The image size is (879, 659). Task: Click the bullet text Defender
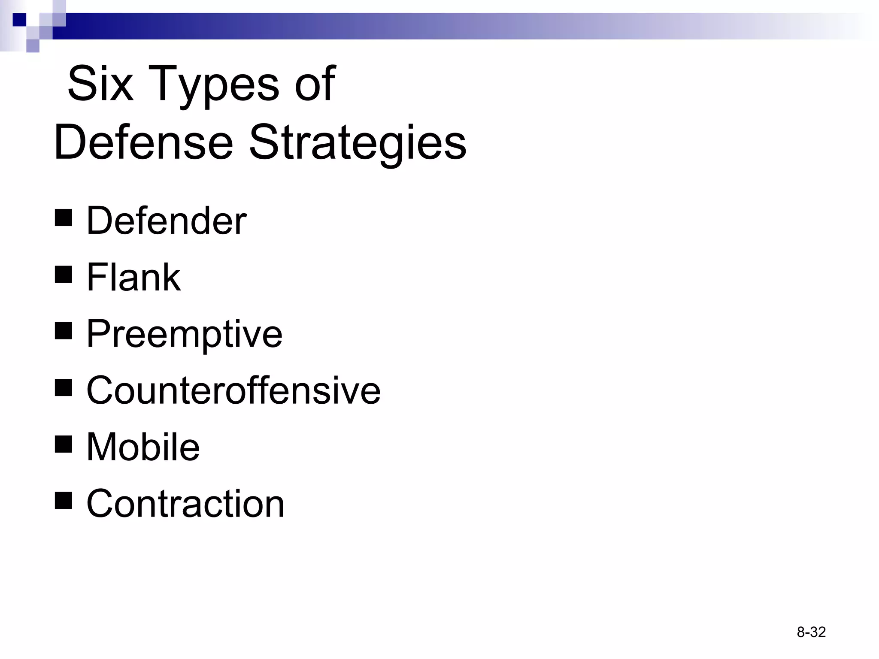coord(167,221)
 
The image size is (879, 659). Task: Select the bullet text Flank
coord(133,277)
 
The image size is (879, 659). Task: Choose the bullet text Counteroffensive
coord(233,390)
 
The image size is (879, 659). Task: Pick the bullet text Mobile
coord(143,447)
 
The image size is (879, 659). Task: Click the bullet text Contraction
coord(185,503)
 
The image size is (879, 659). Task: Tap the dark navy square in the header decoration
coord(19,20)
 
